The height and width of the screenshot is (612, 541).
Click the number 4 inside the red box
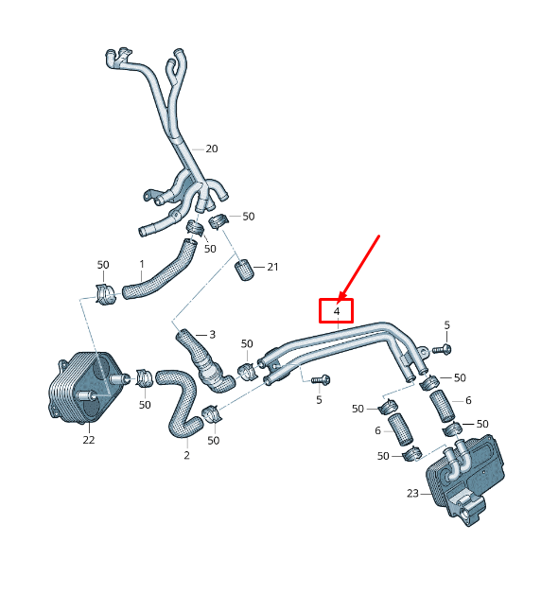tap(337, 311)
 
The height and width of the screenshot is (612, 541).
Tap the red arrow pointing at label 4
tap(358, 268)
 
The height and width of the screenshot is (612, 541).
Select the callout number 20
tap(212, 149)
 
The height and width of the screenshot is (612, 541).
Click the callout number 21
tap(272, 267)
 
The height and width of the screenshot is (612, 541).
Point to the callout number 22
tap(89, 440)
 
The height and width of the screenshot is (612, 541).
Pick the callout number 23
tap(412, 494)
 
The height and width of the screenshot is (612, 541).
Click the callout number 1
tap(142, 264)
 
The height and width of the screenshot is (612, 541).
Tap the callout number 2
tap(186, 455)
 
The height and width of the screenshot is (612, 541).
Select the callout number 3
tap(213, 335)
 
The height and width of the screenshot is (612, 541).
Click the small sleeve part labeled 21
tap(244, 270)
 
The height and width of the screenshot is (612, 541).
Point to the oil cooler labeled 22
tap(84, 388)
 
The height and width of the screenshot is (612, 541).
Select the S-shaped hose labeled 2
tap(181, 403)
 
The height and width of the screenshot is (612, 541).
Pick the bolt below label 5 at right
tap(442, 349)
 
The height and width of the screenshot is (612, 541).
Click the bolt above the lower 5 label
tap(321, 379)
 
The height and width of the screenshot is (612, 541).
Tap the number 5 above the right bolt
tap(447, 325)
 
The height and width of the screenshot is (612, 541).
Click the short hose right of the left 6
tap(400, 429)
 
